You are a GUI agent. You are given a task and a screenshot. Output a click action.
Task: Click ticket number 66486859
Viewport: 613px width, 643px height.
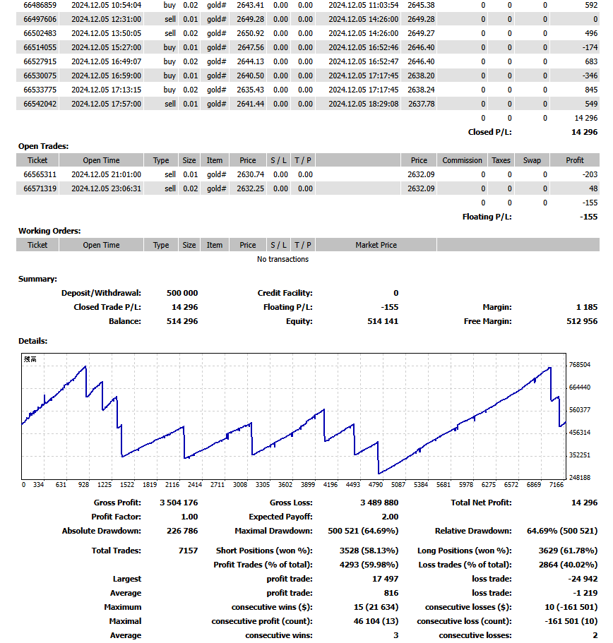(40, 6)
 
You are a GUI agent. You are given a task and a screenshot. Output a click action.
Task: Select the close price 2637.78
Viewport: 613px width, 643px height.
(421, 104)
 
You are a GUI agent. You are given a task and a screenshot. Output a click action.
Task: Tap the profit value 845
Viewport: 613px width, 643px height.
(591, 90)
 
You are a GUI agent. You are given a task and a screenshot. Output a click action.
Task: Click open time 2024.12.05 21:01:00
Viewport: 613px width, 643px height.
(106, 174)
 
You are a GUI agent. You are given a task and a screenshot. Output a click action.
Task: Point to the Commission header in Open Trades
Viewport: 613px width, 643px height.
(462, 160)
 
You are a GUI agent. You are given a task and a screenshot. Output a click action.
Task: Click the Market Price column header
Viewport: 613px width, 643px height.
(376, 245)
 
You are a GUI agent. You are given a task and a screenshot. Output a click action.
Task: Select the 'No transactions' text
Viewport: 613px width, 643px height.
(282, 259)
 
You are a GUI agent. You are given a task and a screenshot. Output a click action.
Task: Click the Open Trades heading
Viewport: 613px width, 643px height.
(44, 146)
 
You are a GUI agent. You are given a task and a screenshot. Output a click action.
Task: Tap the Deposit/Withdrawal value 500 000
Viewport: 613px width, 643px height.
(182, 293)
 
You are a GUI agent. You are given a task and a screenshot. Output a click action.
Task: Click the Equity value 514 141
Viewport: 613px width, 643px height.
(383, 321)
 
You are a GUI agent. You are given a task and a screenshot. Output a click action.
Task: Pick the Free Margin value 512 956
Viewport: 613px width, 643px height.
(582, 321)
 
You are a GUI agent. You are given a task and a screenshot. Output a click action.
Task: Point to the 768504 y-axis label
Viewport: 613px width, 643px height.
(579, 365)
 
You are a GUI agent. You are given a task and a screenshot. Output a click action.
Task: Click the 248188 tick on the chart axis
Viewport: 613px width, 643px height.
(579, 477)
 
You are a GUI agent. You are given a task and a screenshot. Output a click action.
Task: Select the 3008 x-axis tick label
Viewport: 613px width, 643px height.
(240, 485)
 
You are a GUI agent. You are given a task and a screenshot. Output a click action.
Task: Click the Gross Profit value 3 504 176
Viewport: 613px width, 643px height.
(179, 503)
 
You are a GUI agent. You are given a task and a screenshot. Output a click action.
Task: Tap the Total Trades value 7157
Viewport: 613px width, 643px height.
(188, 551)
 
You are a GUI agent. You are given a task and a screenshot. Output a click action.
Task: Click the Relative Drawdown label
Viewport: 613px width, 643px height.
(473, 531)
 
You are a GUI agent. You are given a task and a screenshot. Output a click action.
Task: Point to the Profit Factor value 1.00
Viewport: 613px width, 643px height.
(189, 517)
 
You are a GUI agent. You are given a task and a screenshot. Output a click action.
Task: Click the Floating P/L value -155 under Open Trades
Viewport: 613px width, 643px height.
(589, 217)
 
